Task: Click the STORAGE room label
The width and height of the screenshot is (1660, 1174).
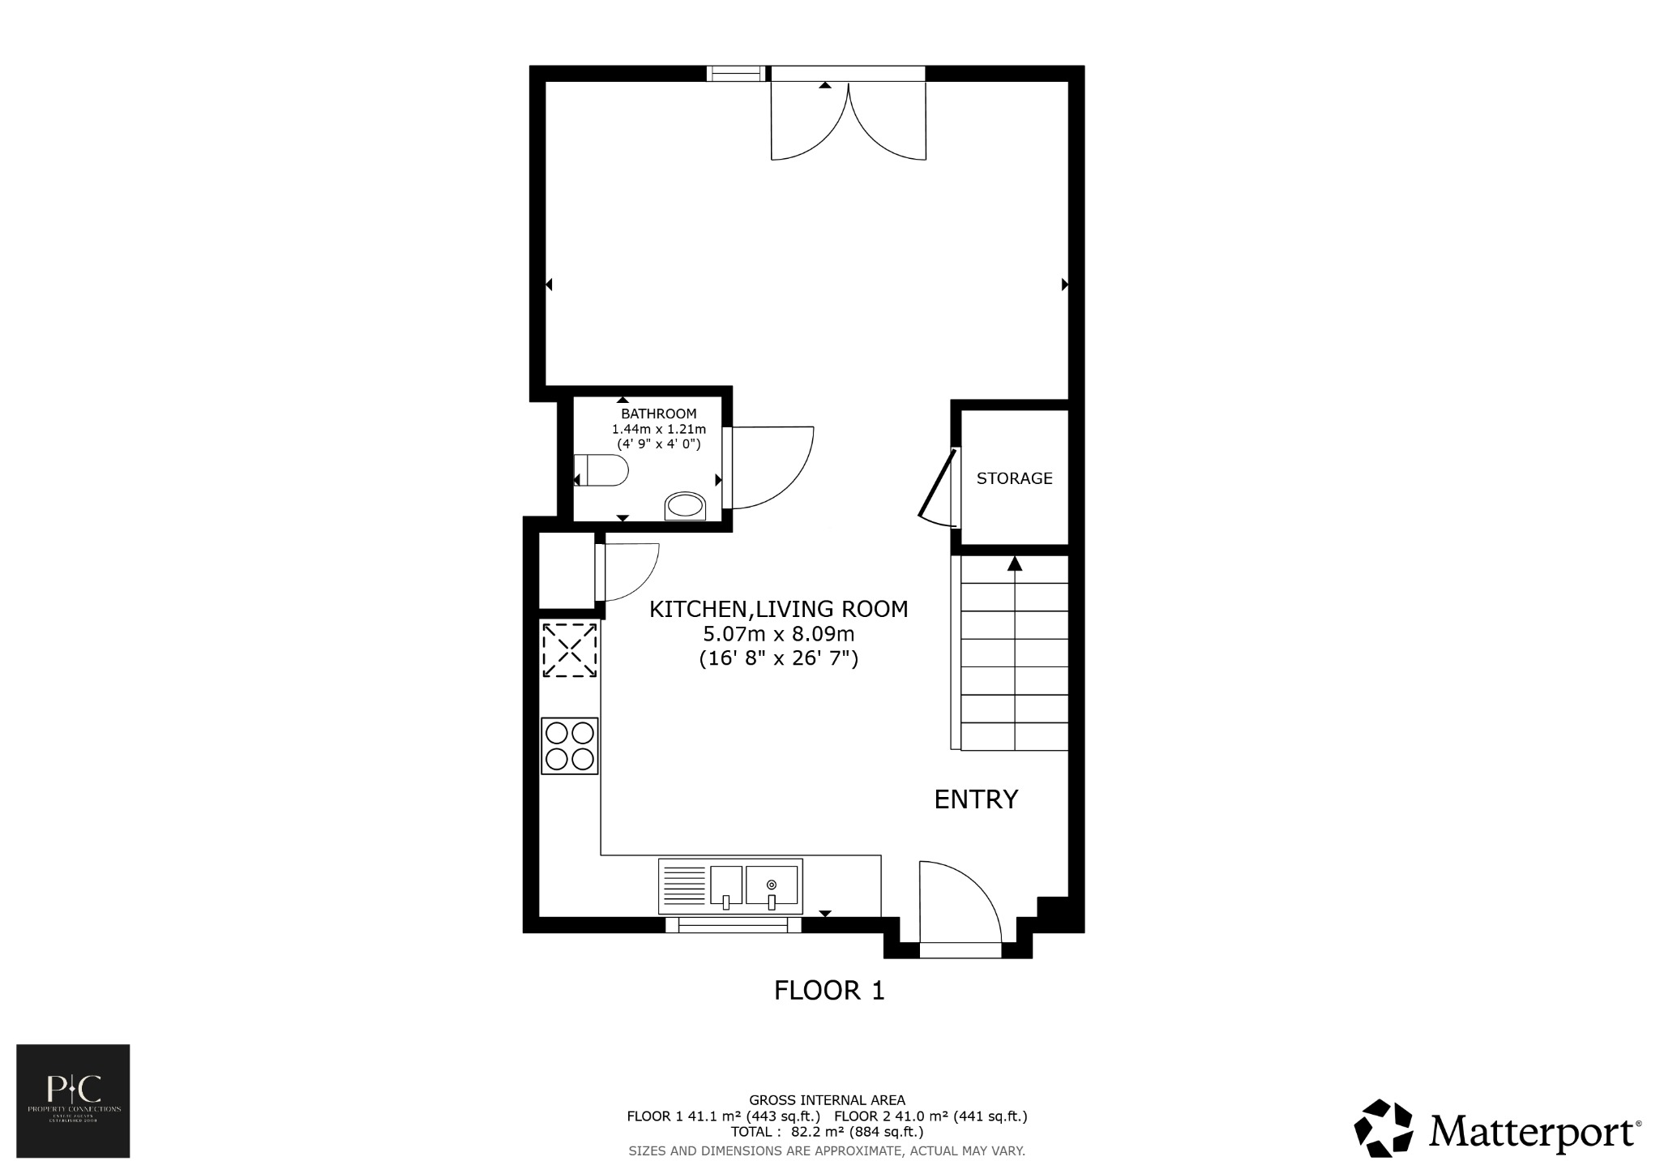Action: tap(1014, 478)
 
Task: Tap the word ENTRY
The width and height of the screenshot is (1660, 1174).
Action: tap(976, 799)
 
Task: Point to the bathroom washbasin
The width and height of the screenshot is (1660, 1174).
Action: tap(685, 506)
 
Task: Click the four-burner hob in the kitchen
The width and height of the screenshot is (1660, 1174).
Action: tap(570, 746)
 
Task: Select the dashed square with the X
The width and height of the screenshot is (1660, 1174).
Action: tap(570, 649)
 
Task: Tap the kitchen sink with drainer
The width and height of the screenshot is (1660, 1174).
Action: tap(730, 886)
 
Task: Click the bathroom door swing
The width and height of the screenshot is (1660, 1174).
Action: tap(770, 468)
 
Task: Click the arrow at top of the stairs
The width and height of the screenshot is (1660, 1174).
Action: tap(1014, 563)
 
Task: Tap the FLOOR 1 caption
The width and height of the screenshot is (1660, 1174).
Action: tap(829, 991)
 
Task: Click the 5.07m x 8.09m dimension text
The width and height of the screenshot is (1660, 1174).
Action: tap(778, 633)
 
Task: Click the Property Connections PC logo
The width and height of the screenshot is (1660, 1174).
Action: tap(74, 1100)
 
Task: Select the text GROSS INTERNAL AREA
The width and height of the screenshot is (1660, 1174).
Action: tap(827, 1100)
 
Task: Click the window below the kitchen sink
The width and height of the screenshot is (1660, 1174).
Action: tap(734, 925)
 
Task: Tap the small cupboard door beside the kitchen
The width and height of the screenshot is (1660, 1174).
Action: tap(628, 572)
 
